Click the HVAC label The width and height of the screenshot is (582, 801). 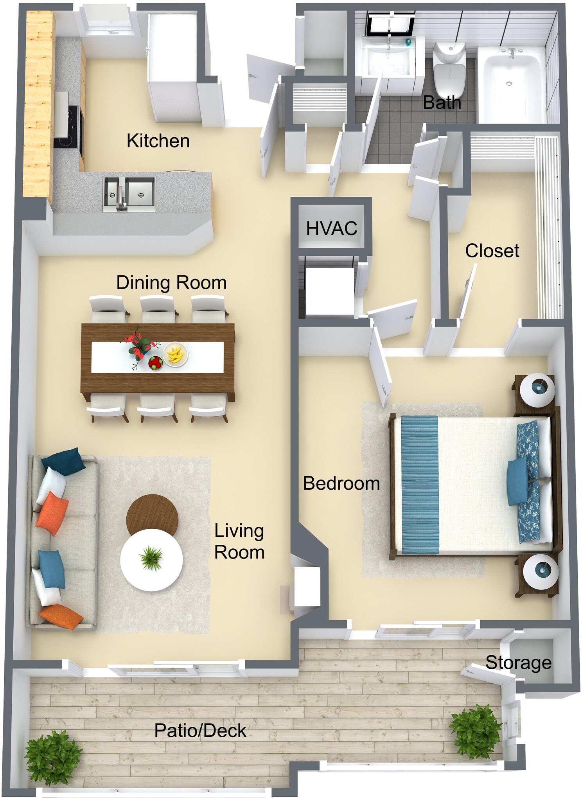[x=331, y=228]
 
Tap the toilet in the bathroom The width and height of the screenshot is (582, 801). [x=449, y=70]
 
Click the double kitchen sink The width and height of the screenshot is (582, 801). [x=129, y=193]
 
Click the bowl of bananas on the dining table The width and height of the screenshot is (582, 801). [x=175, y=354]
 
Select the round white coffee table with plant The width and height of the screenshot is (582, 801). [x=151, y=560]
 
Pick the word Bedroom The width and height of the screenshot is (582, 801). [x=341, y=483]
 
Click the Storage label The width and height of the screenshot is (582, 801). [x=518, y=663]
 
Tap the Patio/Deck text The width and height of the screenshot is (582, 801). [x=200, y=731]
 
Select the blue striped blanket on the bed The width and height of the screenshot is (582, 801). [x=419, y=485]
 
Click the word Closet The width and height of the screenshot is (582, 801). [x=492, y=251]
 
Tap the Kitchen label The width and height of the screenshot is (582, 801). [x=158, y=141]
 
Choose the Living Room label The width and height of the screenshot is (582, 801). [x=239, y=541]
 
